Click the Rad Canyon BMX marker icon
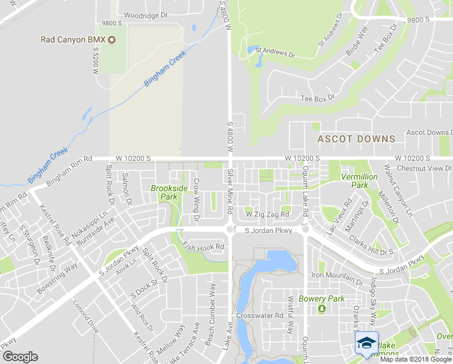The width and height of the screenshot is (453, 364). point(111,40)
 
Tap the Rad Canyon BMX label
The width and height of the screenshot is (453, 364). point(73,40)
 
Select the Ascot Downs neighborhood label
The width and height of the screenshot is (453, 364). point(356,139)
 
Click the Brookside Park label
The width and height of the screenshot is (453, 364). point(167,192)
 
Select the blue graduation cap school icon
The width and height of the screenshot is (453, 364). point(366,343)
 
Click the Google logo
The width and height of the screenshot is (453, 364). point(20,357)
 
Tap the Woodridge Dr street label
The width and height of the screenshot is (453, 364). point(145,15)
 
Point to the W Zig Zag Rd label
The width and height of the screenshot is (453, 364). point(266,215)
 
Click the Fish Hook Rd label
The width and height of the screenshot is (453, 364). point(203,247)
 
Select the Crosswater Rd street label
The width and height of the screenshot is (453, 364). point(260,316)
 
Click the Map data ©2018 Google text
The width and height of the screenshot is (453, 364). point(415,359)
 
